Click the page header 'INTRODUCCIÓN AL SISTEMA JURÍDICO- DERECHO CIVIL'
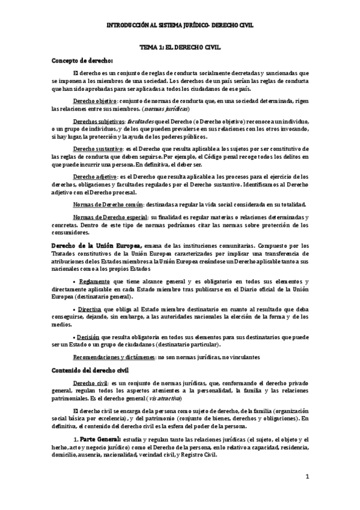tap(180, 26)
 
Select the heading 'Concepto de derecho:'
tap(82, 60)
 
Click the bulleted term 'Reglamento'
tap(94, 281)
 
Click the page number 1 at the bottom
tap(307, 477)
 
